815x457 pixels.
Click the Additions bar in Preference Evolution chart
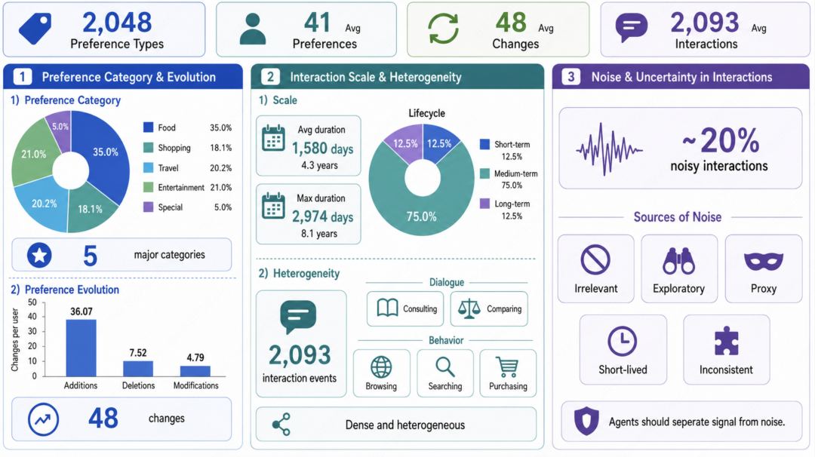pos(81,348)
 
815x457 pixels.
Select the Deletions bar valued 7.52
pos(138,369)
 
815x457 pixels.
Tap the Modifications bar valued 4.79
pos(195,371)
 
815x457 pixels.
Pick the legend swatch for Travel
pos(148,167)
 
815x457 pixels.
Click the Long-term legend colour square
pos(484,204)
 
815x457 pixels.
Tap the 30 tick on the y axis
pos(32,331)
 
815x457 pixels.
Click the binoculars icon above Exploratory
pos(678,261)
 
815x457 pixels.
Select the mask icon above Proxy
pos(763,261)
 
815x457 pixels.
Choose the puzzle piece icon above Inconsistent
pos(726,341)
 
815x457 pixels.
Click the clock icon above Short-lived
pos(622,341)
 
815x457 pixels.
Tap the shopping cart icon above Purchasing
pos(507,367)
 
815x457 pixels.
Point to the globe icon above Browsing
pos(381,367)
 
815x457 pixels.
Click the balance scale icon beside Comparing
pos(469,308)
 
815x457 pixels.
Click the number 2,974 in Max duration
pos(309,216)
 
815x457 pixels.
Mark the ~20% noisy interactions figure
pos(721,140)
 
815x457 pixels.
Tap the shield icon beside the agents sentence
pos(586,421)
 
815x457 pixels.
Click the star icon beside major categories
pos(39,255)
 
